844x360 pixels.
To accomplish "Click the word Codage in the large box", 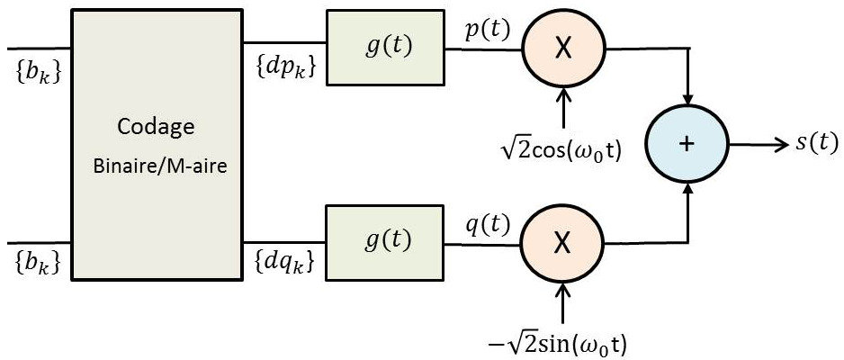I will [156, 127].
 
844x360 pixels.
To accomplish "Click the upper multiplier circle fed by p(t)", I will [562, 49].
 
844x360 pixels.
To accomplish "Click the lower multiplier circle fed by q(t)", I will [562, 241].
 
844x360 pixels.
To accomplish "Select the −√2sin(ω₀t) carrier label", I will [563, 343].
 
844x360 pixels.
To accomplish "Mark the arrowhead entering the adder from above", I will [687, 94].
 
